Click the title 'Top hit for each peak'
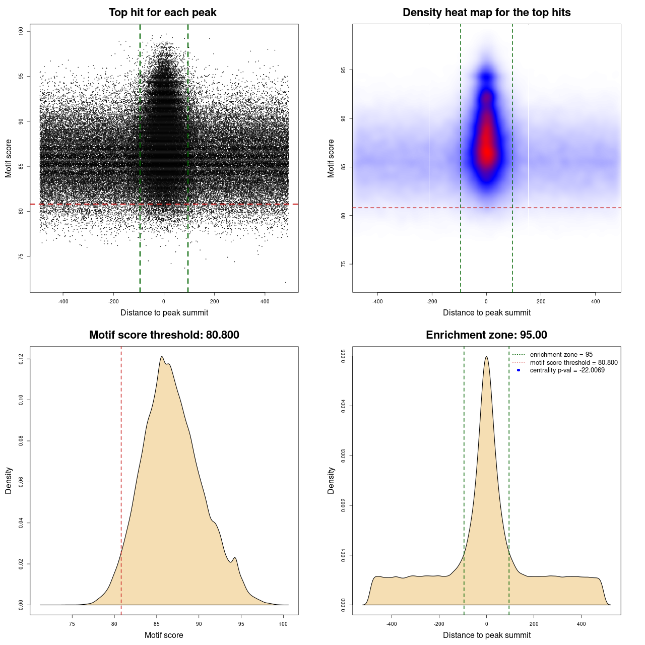coord(162,13)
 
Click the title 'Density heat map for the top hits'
coord(486,13)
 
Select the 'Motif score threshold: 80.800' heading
coord(164,335)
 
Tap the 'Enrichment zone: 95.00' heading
coord(486,335)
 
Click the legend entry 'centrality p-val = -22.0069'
coord(567,370)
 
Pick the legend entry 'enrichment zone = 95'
coord(561,355)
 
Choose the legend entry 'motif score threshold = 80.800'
coord(573,363)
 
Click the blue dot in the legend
coord(519,370)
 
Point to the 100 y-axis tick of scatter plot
coord(21,31)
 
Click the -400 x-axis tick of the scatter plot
coord(63,301)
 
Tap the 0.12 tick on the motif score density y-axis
coord(21,359)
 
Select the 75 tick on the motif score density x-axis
coord(72,624)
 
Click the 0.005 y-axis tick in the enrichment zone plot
coord(344,356)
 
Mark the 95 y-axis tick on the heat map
coord(344,70)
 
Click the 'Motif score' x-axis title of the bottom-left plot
coord(164,635)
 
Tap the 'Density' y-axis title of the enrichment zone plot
coord(331,480)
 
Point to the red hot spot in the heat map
coord(487,149)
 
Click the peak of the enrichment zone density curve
coord(486,357)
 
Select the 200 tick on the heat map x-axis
coord(541,301)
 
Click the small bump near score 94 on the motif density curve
coord(234,558)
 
